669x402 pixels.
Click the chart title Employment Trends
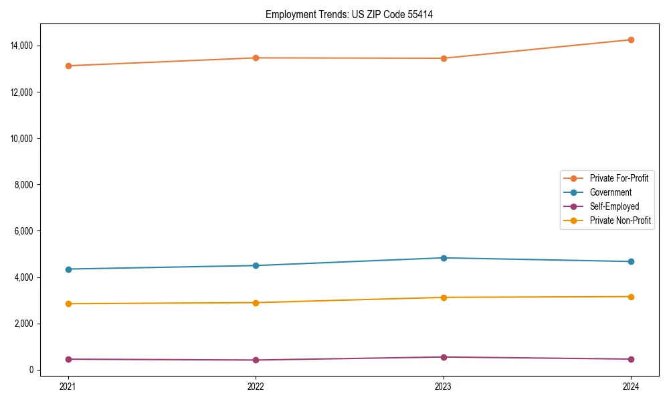(349, 14)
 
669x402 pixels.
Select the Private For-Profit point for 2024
(631, 40)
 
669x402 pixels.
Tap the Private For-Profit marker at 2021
(68, 66)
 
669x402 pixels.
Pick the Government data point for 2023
(443, 258)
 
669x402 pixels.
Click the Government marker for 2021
(68, 269)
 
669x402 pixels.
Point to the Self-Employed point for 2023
(443, 357)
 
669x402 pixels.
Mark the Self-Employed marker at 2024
(631, 359)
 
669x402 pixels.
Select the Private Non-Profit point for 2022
(256, 303)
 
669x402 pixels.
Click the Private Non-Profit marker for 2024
(631, 297)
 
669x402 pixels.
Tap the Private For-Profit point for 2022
(256, 58)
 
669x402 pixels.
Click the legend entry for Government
(610, 192)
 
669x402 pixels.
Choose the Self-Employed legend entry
(614, 206)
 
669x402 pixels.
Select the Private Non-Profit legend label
(620, 220)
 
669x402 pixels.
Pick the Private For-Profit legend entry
(619, 178)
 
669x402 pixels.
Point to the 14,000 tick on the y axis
(23, 46)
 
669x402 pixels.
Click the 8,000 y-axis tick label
(25, 185)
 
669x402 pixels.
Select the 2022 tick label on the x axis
(256, 387)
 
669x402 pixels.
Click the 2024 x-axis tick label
(631, 387)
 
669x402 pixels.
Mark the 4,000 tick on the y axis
(25, 277)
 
